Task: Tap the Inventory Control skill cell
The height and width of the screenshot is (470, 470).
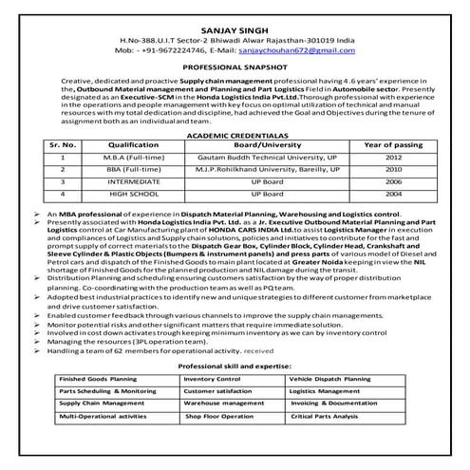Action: (x=215, y=377)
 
